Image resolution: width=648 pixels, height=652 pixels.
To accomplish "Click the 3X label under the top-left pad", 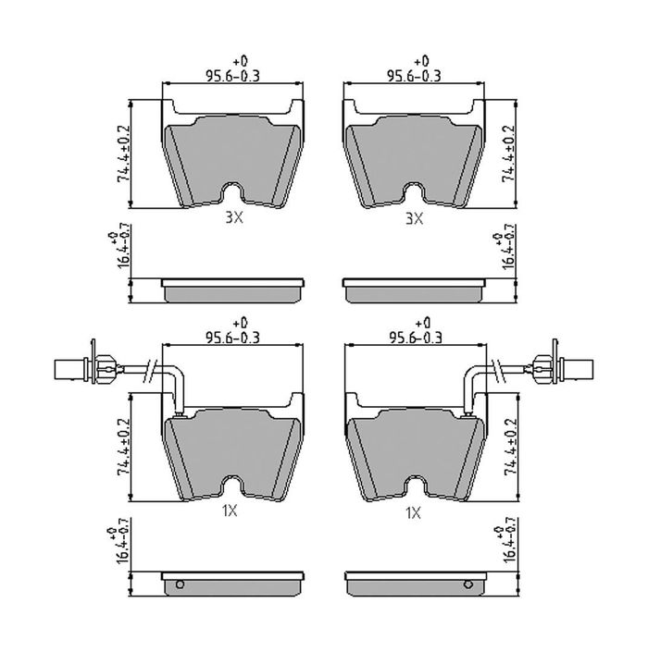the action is pyautogui.click(x=234, y=217).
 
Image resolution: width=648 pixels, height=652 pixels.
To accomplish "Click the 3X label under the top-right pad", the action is pyautogui.click(x=414, y=218).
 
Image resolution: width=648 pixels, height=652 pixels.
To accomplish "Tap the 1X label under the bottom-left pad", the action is pyautogui.click(x=230, y=511).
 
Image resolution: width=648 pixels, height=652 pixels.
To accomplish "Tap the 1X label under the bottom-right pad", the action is pyautogui.click(x=413, y=513).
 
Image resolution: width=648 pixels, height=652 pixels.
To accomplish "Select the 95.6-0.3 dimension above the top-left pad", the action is pyautogui.click(x=232, y=76).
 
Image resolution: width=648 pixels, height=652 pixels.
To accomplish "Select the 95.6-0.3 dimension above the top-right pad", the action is pyautogui.click(x=414, y=76).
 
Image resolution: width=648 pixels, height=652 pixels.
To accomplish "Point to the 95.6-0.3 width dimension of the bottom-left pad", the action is pyautogui.click(x=232, y=338).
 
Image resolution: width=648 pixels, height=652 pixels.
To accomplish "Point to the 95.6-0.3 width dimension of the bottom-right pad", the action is pyautogui.click(x=415, y=338).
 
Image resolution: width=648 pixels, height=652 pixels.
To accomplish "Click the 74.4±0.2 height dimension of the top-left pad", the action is pyautogui.click(x=124, y=154).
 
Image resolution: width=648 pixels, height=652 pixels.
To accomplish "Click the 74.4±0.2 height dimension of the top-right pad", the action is pyautogui.click(x=509, y=154).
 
